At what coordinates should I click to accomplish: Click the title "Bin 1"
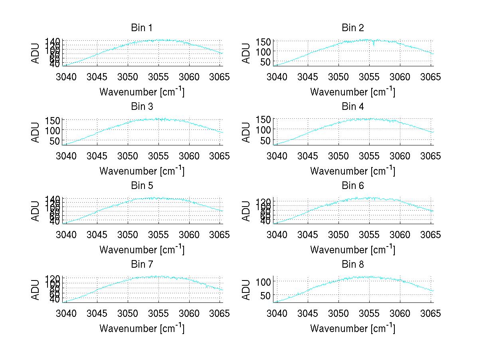click(142, 28)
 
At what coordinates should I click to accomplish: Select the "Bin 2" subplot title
click(353, 28)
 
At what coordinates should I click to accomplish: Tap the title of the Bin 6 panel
click(353, 186)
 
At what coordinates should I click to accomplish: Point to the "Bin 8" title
click(353, 265)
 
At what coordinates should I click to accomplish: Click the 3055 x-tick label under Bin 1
click(158, 77)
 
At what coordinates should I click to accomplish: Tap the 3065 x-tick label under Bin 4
click(431, 156)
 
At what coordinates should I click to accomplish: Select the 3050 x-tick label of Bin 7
click(128, 313)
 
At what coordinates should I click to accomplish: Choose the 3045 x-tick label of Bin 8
click(308, 313)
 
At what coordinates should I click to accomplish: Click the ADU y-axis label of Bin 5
click(36, 211)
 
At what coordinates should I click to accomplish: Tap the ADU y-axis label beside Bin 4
click(247, 132)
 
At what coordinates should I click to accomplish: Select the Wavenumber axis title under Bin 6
click(352, 250)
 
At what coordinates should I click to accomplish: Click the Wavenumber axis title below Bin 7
click(142, 328)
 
